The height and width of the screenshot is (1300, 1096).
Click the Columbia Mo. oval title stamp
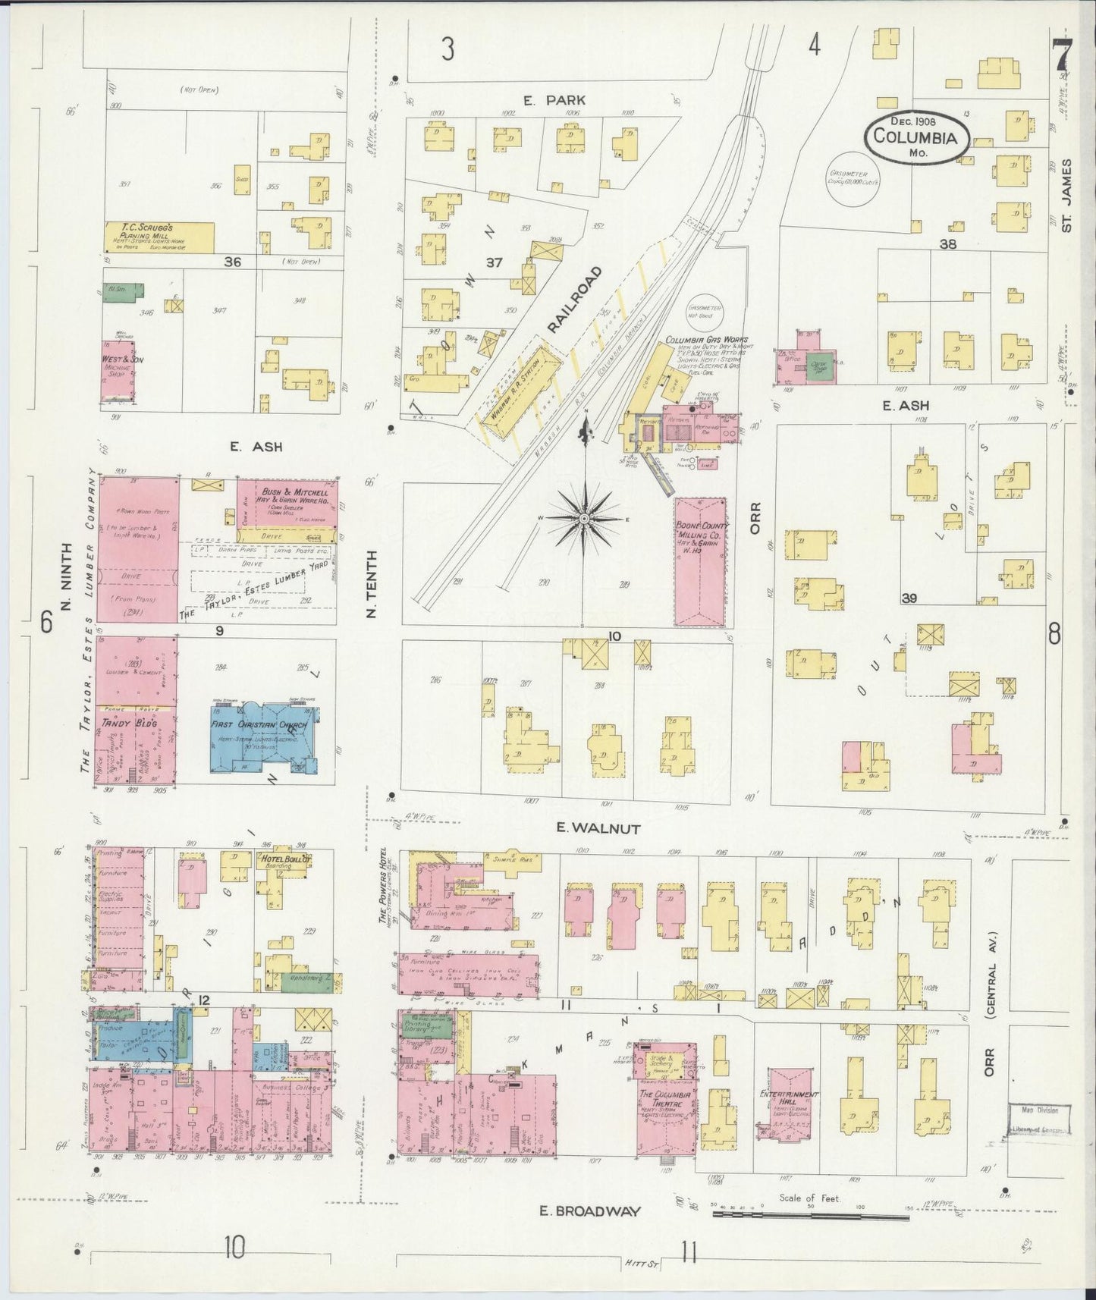(919, 137)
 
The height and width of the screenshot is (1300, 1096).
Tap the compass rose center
(585, 519)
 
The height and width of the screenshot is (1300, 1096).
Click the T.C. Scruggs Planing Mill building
(159, 237)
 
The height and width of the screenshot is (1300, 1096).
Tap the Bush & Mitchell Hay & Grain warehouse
(287, 504)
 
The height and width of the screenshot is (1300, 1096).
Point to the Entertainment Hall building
(789, 1111)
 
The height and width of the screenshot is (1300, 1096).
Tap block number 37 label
(494, 263)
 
